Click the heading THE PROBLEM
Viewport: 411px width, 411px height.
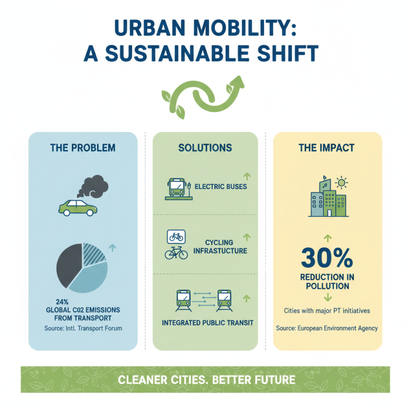(x=83, y=148)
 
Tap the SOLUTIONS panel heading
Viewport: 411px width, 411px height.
(x=205, y=148)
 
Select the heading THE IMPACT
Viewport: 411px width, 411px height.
(x=327, y=148)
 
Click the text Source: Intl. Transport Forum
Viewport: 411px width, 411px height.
(x=83, y=327)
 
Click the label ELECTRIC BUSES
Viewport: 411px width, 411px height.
(x=221, y=186)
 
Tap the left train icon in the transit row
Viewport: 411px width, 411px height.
(x=183, y=298)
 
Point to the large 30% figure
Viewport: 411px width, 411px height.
(x=327, y=257)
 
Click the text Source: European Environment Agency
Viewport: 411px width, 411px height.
(x=327, y=328)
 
